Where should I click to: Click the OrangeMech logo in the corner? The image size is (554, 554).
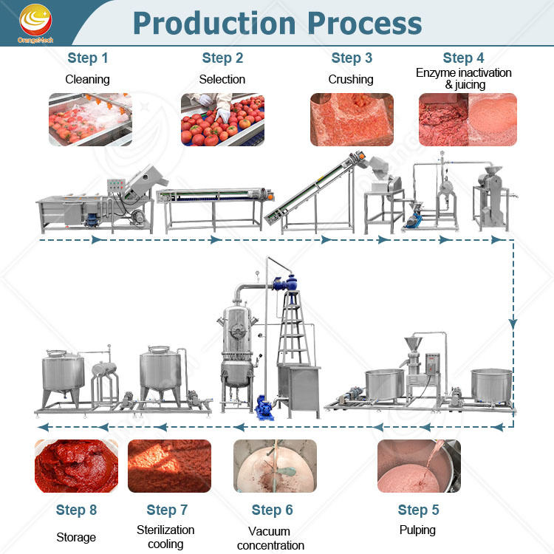click(x=35, y=24)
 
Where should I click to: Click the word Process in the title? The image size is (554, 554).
click(x=365, y=24)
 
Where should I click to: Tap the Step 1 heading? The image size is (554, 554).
click(x=88, y=58)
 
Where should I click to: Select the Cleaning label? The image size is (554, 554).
click(x=87, y=79)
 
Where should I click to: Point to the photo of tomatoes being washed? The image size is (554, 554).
click(x=90, y=120)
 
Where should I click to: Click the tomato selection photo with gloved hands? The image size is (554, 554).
click(x=222, y=120)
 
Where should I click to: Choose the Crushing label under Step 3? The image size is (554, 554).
click(x=351, y=79)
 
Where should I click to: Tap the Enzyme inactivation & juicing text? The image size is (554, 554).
click(x=464, y=78)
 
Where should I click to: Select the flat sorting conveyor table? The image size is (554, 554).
click(x=215, y=208)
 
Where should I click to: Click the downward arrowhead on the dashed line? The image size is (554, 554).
click(x=513, y=324)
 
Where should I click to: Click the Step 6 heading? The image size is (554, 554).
click(x=272, y=510)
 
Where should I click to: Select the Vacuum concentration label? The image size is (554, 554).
click(x=270, y=538)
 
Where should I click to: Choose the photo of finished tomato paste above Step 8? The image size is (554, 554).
click(x=76, y=466)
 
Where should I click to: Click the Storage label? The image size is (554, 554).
click(x=76, y=537)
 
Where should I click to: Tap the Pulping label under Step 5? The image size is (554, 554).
click(x=417, y=530)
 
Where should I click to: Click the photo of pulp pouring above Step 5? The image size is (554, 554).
click(x=419, y=466)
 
